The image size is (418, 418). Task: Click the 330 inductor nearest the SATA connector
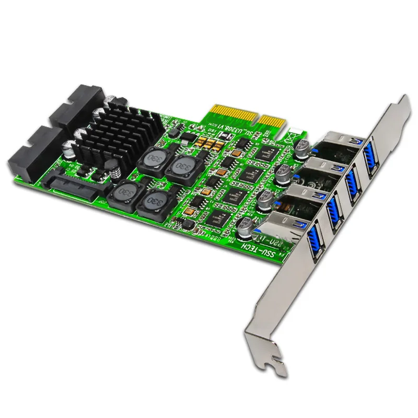[x=123, y=194]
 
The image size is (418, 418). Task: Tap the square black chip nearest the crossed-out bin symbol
[x=270, y=152]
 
